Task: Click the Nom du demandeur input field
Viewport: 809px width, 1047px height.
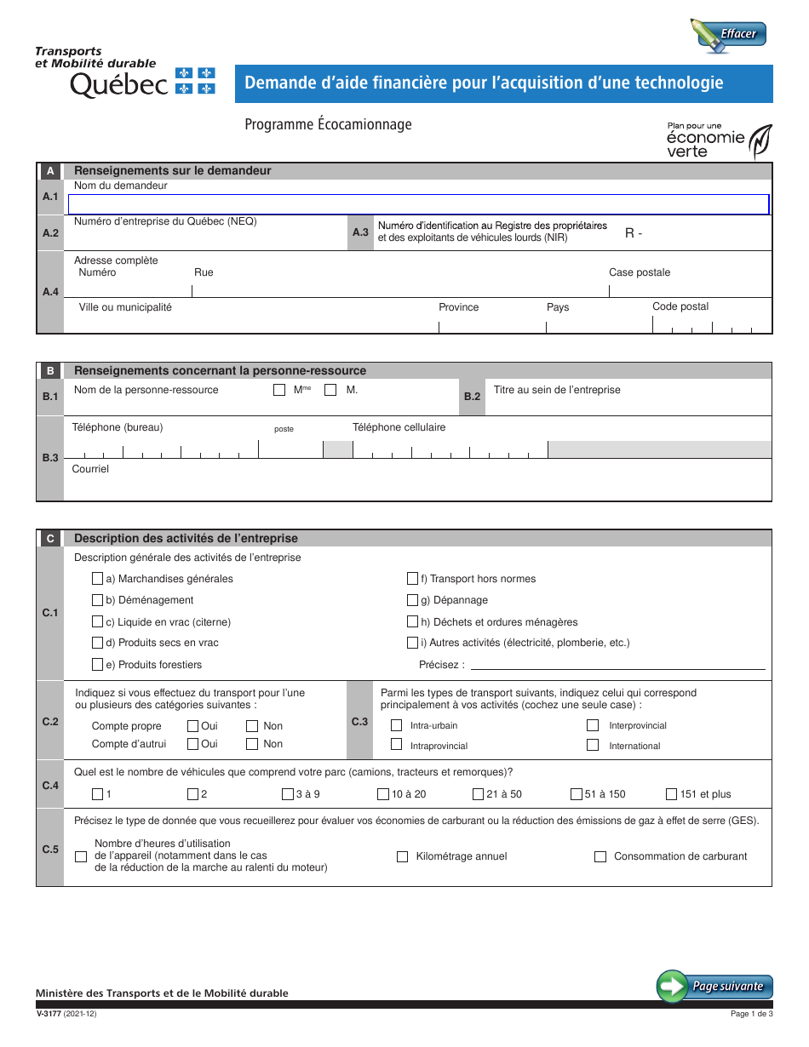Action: pyautogui.click(x=418, y=204)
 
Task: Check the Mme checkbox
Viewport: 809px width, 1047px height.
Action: pyautogui.click(x=279, y=390)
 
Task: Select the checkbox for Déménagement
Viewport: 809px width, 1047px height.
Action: pyautogui.click(x=98, y=600)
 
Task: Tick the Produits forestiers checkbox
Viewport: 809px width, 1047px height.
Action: pyautogui.click(x=98, y=665)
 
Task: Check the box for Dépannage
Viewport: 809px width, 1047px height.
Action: pyautogui.click(x=413, y=600)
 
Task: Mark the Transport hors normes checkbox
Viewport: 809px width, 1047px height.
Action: pyautogui.click(x=413, y=579)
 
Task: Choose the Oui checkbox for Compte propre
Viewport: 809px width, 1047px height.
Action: pyautogui.click(x=192, y=726)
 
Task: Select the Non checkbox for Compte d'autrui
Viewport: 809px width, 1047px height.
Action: pyautogui.click(x=252, y=744)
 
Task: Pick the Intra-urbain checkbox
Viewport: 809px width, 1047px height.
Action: pyautogui.click(x=396, y=726)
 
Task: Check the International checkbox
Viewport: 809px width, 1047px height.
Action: pyautogui.click(x=593, y=746)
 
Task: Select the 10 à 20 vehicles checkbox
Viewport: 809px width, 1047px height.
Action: pyautogui.click(x=383, y=794)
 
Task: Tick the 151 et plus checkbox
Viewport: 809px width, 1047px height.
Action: pyautogui.click(x=672, y=794)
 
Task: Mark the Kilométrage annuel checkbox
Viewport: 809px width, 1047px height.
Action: pyautogui.click(x=403, y=856)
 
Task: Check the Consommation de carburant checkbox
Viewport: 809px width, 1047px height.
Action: pyautogui.click(x=600, y=856)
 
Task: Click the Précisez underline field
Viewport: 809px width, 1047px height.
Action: pyautogui.click(x=617, y=664)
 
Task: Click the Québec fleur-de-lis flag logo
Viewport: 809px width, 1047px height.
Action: pyautogui.click(x=195, y=82)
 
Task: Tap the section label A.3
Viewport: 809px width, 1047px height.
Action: pyautogui.click(x=360, y=232)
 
